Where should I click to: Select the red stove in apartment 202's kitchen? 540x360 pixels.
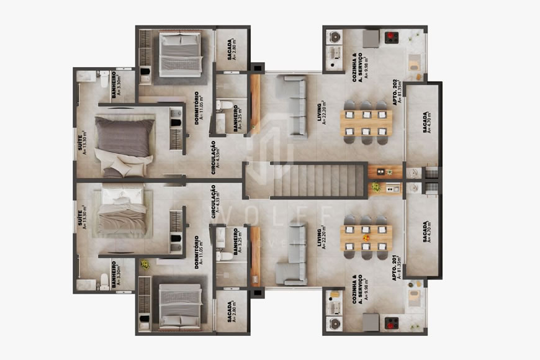tap(391, 37)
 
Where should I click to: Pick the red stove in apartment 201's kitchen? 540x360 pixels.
tap(391, 322)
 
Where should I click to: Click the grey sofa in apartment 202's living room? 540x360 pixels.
tap(292, 106)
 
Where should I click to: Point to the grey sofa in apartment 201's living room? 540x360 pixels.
tap(290, 254)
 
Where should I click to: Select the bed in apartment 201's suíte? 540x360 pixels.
tap(123, 211)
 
